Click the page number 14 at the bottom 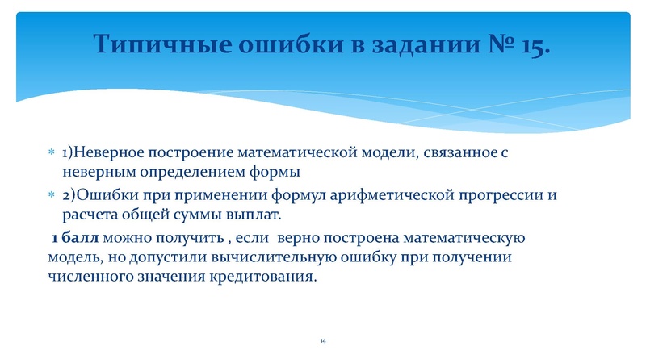coord(322,343)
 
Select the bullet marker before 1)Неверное coord(51,152)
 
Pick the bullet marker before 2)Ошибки coord(51,197)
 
